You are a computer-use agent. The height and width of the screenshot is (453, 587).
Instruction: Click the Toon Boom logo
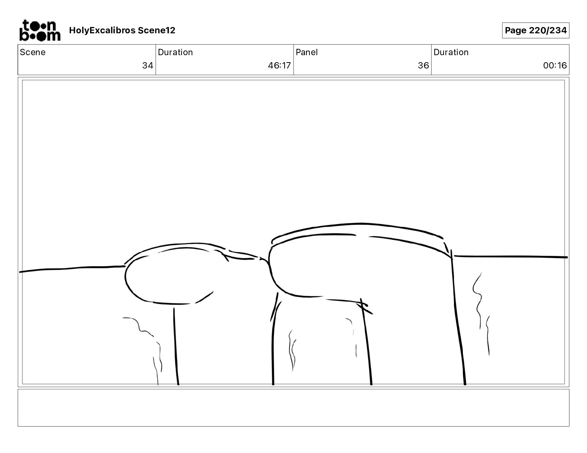(x=40, y=30)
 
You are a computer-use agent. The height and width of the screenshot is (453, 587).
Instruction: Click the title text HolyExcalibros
(x=102, y=30)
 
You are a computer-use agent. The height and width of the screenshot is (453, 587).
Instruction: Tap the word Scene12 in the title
(x=156, y=30)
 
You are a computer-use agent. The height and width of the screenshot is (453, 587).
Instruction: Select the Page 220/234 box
(x=535, y=30)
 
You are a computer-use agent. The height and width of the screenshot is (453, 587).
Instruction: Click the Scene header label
(x=32, y=52)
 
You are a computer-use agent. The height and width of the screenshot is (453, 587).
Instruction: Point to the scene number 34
(x=147, y=65)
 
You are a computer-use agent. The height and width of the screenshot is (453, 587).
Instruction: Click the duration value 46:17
(x=279, y=65)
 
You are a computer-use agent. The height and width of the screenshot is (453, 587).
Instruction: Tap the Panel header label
(x=306, y=52)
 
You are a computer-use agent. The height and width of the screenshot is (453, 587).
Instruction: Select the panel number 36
(x=423, y=65)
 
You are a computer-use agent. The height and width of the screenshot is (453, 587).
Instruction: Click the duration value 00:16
(x=555, y=65)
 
